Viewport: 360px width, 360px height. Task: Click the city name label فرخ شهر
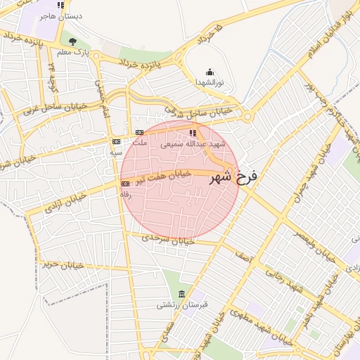pyautogui.click(x=235, y=176)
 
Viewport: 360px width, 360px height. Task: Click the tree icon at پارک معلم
pyautogui.click(x=72, y=41)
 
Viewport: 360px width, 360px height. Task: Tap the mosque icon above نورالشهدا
pyautogui.click(x=209, y=72)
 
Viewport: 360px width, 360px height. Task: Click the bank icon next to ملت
pyautogui.click(x=139, y=133)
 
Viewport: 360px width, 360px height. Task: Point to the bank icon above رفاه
pyautogui.click(x=125, y=184)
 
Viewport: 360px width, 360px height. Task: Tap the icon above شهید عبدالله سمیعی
pyautogui.click(x=193, y=133)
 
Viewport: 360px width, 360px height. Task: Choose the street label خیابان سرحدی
pyautogui.click(x=167, y=238)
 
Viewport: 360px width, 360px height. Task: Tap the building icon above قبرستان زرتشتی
pyautogui.click(x=183, y=293)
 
